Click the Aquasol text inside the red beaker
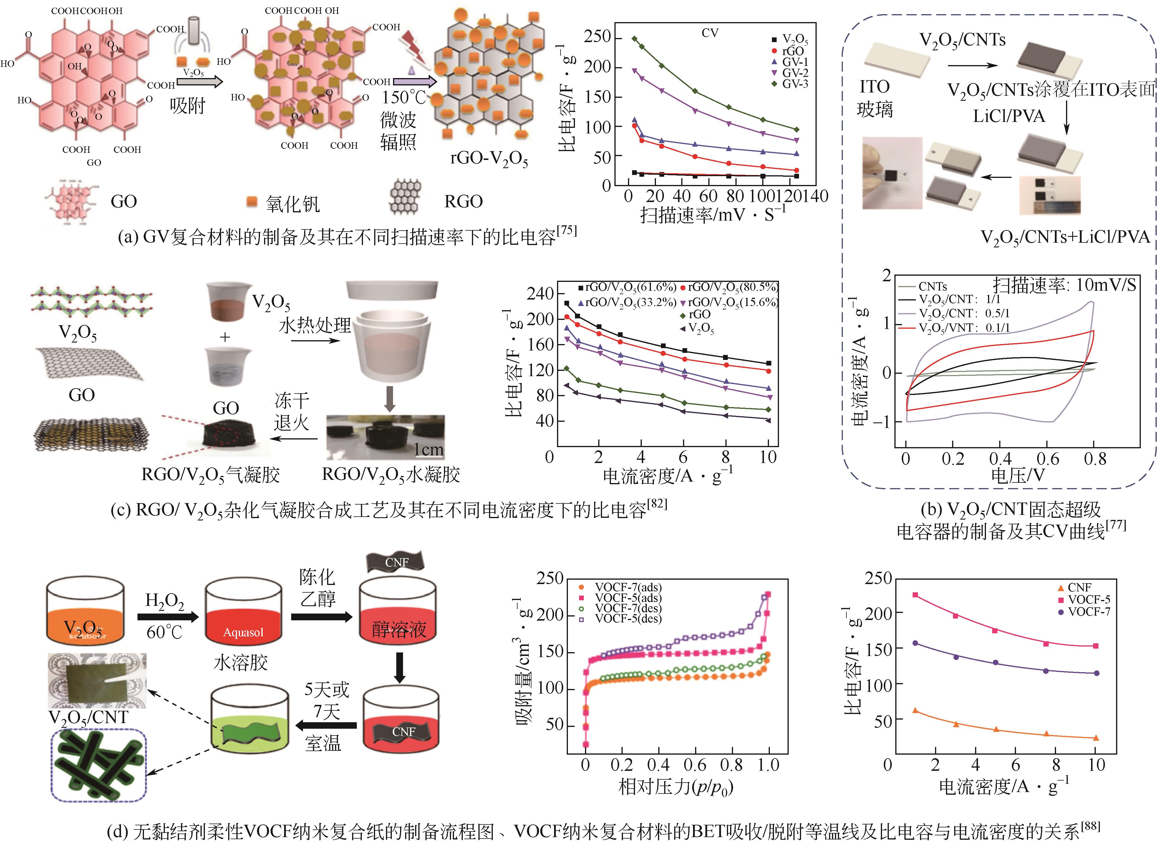pos(243,632)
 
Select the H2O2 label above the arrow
pos(164,600)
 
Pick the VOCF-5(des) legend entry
pos(627,619)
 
